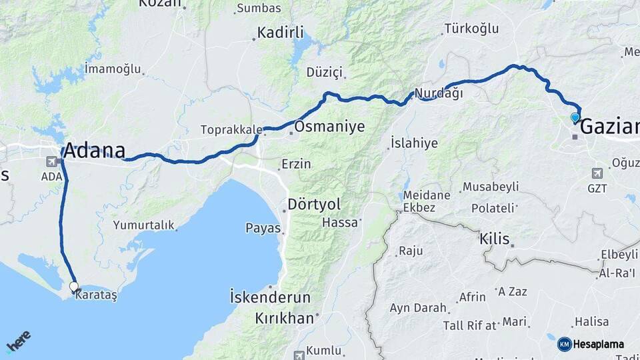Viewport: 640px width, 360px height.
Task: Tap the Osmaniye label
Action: tap(330, 126)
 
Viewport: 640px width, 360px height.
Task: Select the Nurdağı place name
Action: tap(439, 93)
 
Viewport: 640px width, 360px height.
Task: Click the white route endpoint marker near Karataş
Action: tap(74, 287)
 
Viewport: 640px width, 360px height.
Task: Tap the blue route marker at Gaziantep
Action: tap(575, 118)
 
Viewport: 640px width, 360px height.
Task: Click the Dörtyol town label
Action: tap(313, 203)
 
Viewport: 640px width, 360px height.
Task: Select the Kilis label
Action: tap(495, 239)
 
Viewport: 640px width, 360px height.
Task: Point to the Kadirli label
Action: tap(280, 32)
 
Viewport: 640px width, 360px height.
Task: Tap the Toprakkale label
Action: tap(230, 130)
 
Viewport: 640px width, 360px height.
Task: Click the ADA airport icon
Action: tap(51, 161)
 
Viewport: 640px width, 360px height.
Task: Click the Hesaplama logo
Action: tap(591, 344)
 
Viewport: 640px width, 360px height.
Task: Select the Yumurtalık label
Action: tap(143, 225)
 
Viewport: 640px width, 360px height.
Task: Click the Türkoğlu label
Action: tap(471, 28)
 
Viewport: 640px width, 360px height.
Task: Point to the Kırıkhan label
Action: tap(284, 319)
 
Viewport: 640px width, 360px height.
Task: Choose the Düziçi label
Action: tap(324, 72)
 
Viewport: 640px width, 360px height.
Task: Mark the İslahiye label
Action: tap(414, 143)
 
